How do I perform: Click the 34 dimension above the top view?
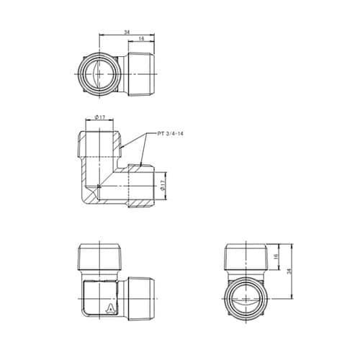click(x=127, y=32)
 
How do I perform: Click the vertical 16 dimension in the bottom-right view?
click(x=276, y=256)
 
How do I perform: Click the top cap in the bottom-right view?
click(x=246, y=257)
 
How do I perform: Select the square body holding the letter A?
click(x=100, y=298)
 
